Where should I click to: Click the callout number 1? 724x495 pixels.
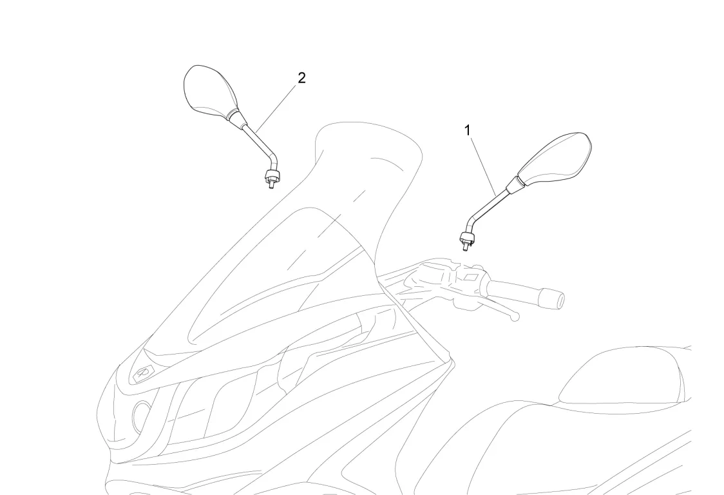pos(468,130)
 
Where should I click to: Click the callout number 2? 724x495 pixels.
pos(301,78)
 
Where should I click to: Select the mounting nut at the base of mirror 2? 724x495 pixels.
pos(271,176)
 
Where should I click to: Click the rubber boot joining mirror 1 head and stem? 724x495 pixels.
pos(515,185)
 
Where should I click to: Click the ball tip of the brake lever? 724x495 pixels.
pos(513,316)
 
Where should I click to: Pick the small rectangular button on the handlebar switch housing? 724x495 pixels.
pos(470,278)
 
